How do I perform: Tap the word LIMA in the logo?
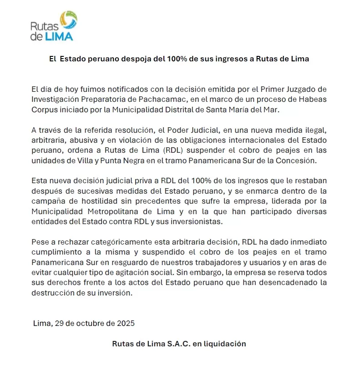click(x=59, y=36)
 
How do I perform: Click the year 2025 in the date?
click(x=126, y=324)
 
